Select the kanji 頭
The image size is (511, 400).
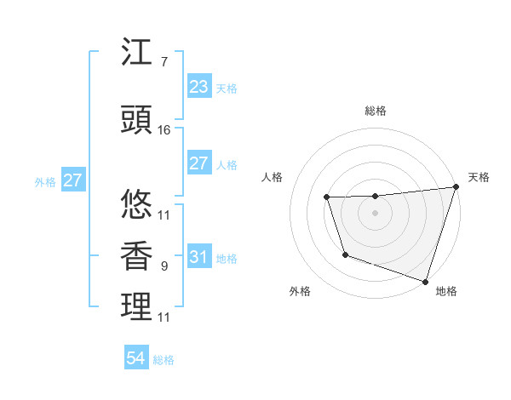pos(136,121)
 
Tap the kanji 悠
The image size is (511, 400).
pos(136,205)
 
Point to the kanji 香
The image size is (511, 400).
pos(136,256)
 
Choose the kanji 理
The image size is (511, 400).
pos(136,307)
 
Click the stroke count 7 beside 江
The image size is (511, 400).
pos(164,62)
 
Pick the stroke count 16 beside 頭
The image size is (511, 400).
pos(164,130)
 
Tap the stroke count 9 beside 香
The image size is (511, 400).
pos(164,266)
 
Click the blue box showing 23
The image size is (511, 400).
pos(198,87)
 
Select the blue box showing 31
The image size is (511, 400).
pos(198,257)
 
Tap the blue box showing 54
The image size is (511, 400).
pos(136,358)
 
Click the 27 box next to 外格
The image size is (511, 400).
pos(72,180)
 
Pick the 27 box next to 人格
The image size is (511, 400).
pos(198,163)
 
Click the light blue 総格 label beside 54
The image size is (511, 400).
pos(164,360)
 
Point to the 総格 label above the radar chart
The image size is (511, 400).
pos(375,111)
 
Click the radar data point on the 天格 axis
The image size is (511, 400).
pos(456,187)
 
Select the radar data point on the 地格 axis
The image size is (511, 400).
pos(425,281)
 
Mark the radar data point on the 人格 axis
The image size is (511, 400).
pos(326,197)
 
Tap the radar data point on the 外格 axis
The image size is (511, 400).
pos(345,254)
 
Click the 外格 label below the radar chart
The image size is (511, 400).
pos(300,292)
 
